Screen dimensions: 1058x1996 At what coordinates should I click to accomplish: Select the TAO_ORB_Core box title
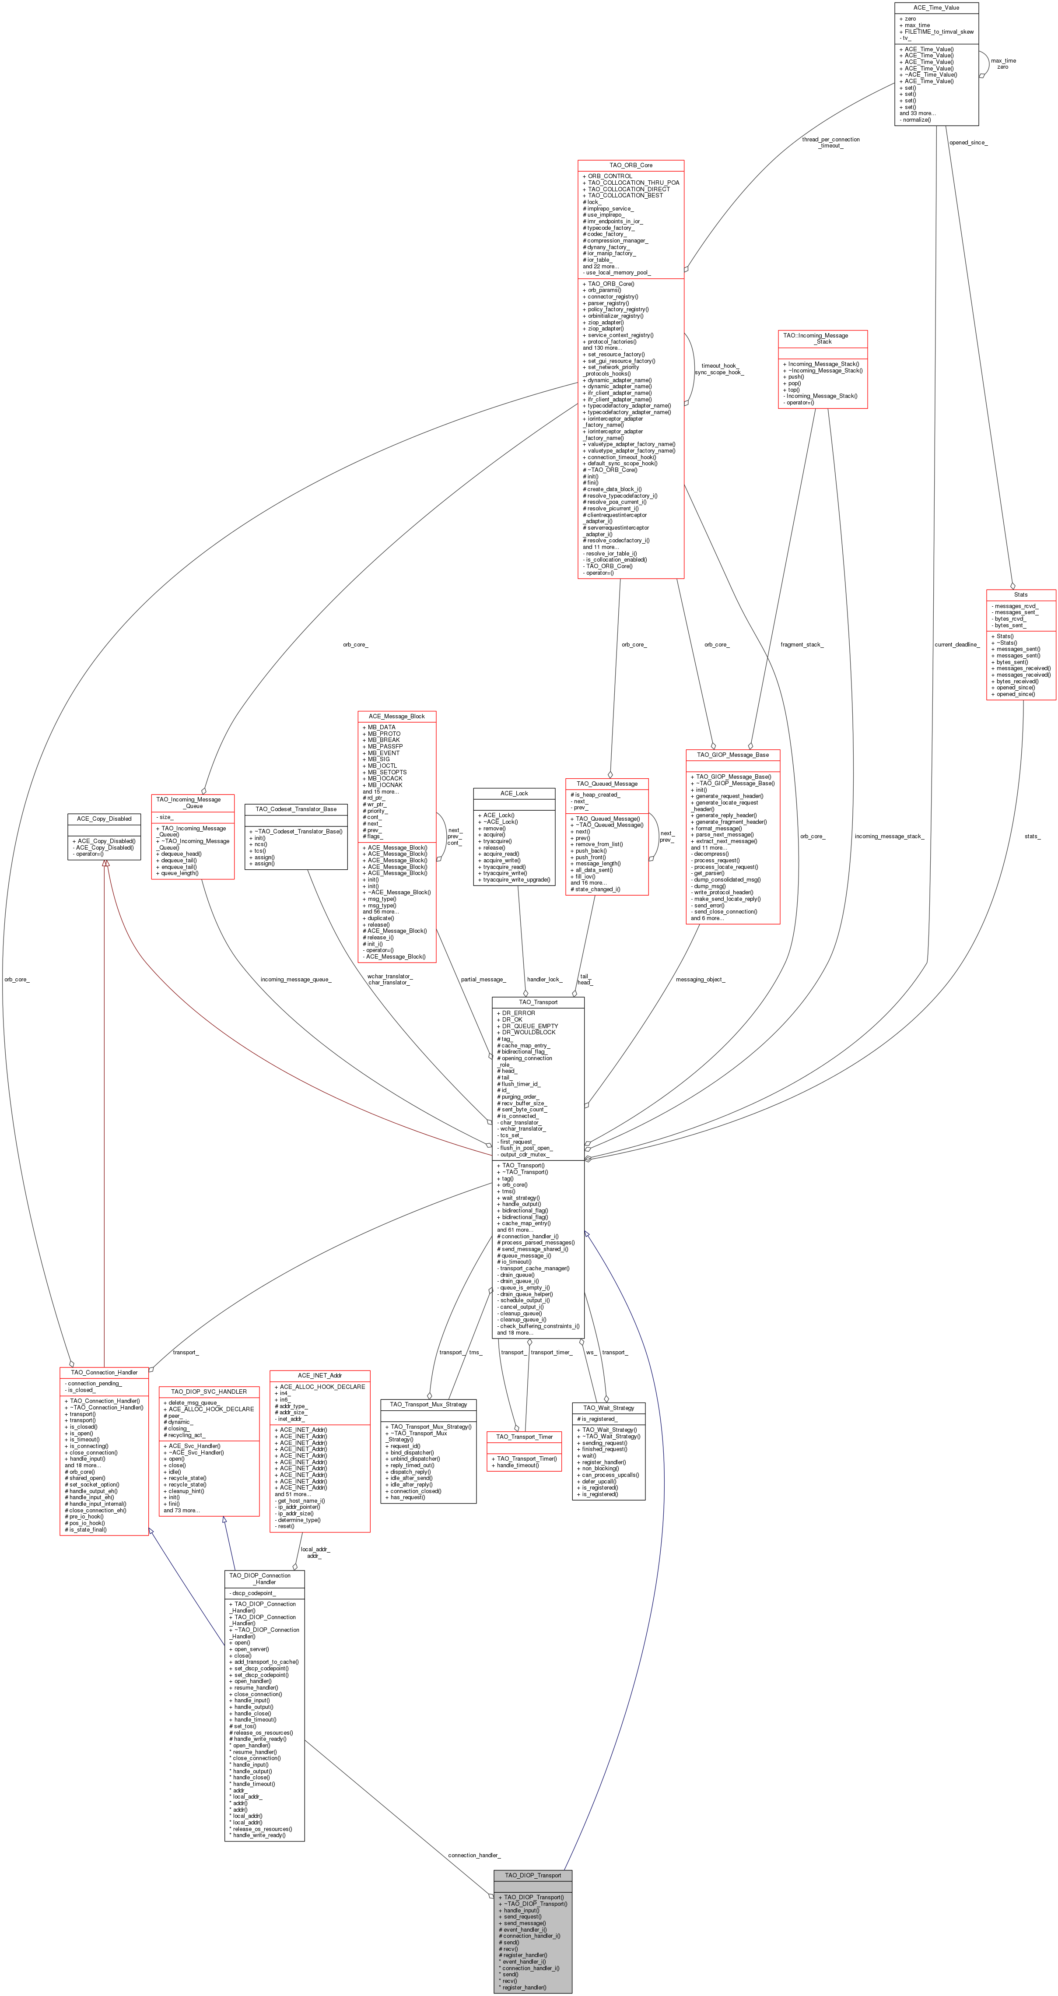click(x=631, y=165)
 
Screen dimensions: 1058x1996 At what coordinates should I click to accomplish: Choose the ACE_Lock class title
click(x=514, y=794)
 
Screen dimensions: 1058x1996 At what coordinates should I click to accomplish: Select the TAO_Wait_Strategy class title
click(x=609, y=1408)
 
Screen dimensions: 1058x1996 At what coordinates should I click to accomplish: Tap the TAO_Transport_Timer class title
click(x=524, y=1437)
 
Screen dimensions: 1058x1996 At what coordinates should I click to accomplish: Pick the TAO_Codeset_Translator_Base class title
click(x=296, y=809)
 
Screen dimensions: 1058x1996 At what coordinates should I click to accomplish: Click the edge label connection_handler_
click(x=474, y=1855)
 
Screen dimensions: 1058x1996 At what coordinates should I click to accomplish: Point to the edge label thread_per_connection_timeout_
click(x=830, y=143)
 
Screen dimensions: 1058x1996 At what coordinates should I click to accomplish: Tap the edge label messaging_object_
click(x=700, y=980)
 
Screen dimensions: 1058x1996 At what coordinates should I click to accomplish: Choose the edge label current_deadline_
click(x=956, y=645)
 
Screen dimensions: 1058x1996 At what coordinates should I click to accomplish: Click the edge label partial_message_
click(x=483, y=980)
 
